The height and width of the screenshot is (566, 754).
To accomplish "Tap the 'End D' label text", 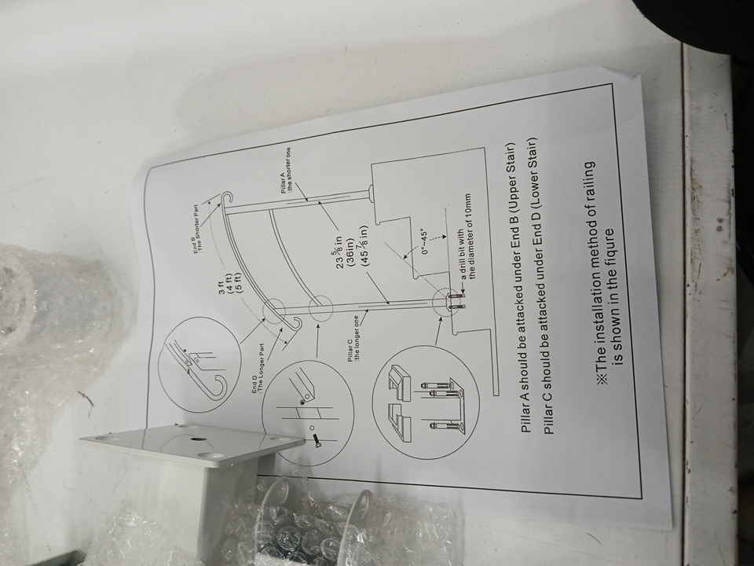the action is point(253,383).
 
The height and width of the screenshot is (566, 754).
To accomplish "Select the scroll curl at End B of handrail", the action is point(225,198).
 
